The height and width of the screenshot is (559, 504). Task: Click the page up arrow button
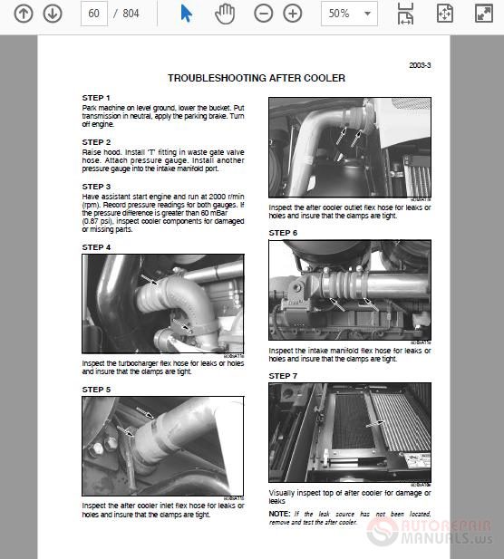click(24, 14)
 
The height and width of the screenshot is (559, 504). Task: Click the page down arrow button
click(53, 14)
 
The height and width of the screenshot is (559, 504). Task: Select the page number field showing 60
click(93, 14)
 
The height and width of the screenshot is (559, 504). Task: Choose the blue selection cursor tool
click(186, 14)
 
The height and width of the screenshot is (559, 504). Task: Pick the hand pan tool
click(224, 14)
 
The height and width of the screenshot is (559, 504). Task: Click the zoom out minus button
click(263, 14)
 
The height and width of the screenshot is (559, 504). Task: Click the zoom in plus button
click(292, 14)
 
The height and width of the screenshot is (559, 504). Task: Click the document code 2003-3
click(420, 65)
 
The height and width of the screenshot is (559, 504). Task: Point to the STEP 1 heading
click(96, 97)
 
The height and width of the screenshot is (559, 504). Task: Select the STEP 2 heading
click(96, 142)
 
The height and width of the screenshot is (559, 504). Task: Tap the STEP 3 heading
click(96, 187)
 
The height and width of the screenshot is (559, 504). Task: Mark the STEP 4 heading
click(96, 247)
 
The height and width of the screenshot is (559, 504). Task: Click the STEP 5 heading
click(96, 390)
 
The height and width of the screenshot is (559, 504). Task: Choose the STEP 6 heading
click(283, 233)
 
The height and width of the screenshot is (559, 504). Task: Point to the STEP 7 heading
click(283, 375)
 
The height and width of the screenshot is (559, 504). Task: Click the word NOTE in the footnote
click(279, 514)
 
